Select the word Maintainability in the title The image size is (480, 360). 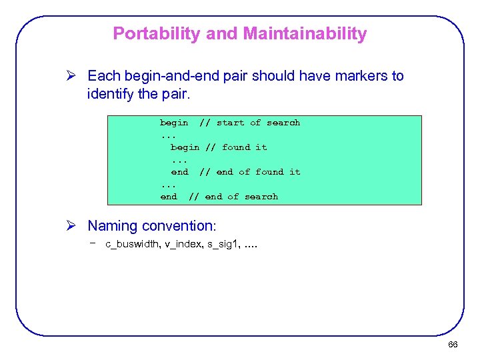[x=303, y=33]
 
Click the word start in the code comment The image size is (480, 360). [x=231, y=123]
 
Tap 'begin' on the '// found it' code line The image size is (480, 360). [x=185, y=147]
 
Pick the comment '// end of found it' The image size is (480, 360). [x=249, y=172]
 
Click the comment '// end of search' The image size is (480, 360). [x=233, y=197]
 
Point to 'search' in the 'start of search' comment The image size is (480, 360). [x=283, y=123]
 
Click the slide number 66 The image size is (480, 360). [x=453, y=345]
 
